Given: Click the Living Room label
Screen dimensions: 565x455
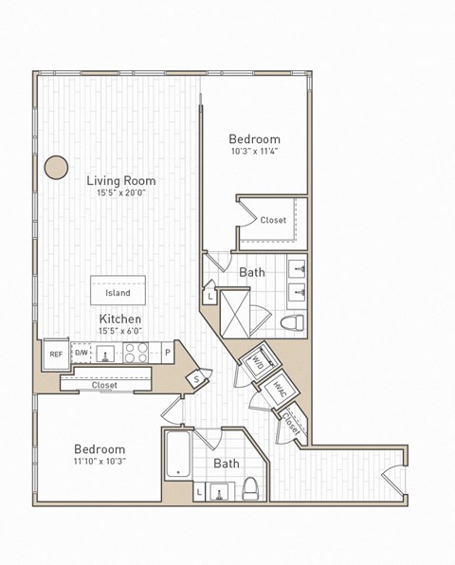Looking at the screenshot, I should click(x=121, y=180).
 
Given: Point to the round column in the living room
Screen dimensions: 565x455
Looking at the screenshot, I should click(x=56, y=167).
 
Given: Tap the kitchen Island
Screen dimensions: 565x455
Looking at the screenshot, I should click(x=118, y=292).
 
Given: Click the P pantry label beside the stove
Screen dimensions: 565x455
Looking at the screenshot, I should click(x=167, y=354).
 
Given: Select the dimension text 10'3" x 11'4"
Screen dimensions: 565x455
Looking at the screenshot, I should click(x=253, y=151).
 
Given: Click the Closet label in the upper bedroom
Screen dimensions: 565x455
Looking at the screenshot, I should click(x=273, y=220).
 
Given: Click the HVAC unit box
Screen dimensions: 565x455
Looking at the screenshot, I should click(x=281, y=389).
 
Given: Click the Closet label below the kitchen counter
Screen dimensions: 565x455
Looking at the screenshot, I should click(x=104, y=385).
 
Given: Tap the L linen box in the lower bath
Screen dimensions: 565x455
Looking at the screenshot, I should click(x=199, y=491).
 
